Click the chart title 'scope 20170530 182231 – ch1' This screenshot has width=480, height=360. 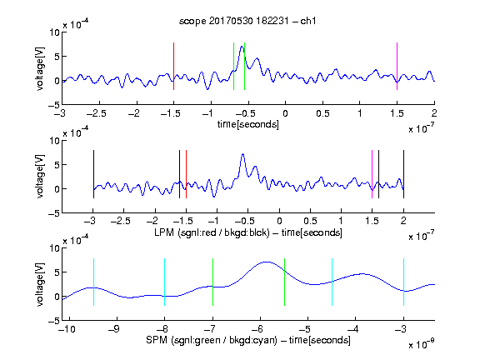coord(247,21)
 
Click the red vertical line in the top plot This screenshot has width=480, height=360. coord(174,66)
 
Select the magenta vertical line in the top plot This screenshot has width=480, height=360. coord(397,66)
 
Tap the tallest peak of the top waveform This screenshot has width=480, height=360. coord(242,46)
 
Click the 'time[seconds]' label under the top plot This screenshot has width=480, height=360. coord(248,124)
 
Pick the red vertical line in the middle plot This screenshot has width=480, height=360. coord(186,174)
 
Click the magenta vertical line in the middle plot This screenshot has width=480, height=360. coord(372,174)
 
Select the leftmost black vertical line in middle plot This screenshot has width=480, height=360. coord(93,174)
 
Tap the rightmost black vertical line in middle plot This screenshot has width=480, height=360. coord(404,174)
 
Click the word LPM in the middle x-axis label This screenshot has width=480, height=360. coord(164,232)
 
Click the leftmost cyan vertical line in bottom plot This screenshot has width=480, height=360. coord(93,282)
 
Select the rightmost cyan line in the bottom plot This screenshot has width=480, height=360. coord(404,282)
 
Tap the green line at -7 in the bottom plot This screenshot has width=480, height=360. coord(212,282)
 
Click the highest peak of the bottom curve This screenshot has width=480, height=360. coord(267,262)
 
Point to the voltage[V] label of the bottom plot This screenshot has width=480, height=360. coord(40,285)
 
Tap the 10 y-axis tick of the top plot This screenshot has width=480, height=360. coord(55,32)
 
